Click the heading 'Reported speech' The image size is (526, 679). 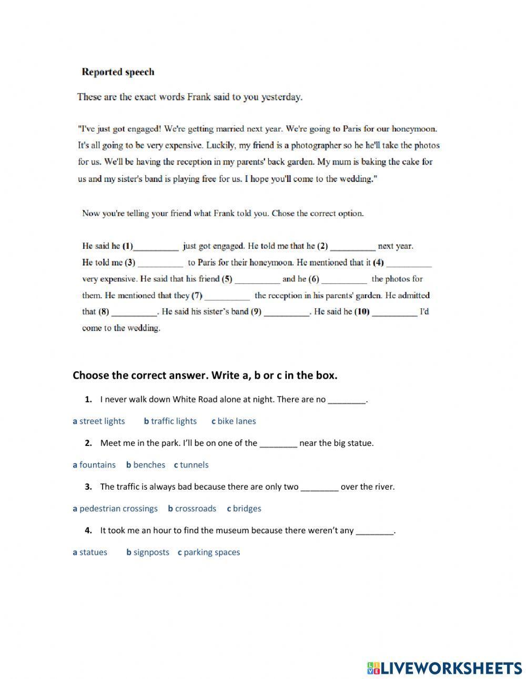(x=118, y=72)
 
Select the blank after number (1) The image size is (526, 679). (x=156, y=246)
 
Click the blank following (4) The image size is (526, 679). (x=409, y=262)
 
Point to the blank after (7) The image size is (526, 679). (x=227, y=296)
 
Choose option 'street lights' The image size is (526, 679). (x=102, y=421)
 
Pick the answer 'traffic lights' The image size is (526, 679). (x=174, y=421)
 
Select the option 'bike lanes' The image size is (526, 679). (x=237, y=421)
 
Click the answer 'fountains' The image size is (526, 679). (x=97, y=465)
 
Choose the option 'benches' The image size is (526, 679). (x=149, y=465)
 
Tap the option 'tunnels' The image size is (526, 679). (x=194, y=465)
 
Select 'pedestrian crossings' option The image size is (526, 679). (x=118, y=509)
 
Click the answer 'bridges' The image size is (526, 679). (x=247, y=509)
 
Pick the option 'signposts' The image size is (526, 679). (x=151, y=552)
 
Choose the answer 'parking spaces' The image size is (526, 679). (x=211, y=552)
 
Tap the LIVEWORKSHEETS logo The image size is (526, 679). (x=444, y=668)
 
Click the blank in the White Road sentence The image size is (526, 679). (x=347, y=400)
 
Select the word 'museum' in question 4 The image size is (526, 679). (x=217, y=531)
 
